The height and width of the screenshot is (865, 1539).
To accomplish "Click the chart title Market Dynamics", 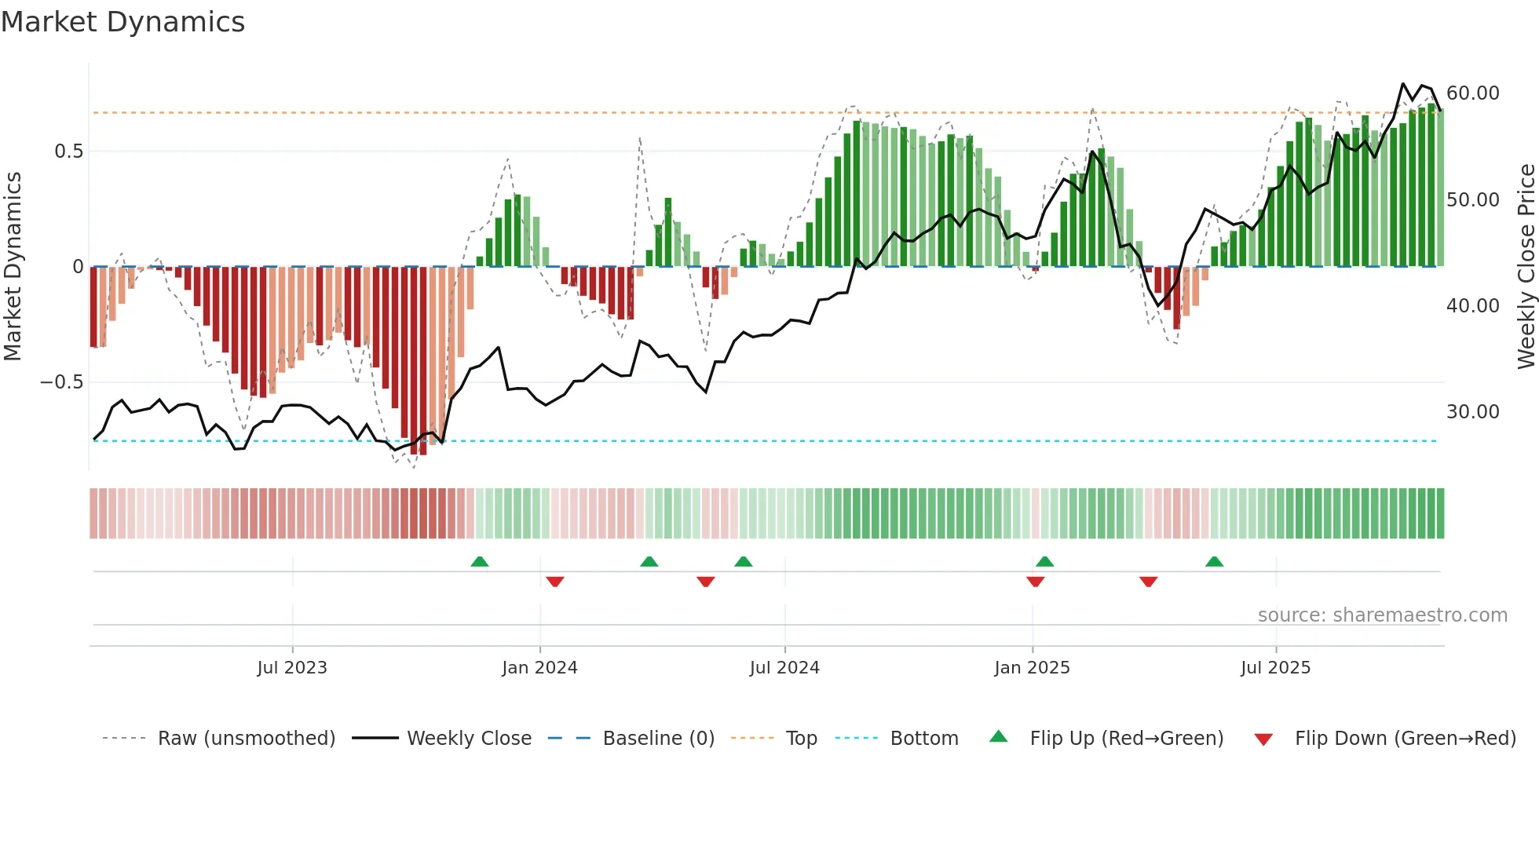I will [x=122, y=22].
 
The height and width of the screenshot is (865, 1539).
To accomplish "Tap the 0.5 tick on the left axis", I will [x=68, y=151].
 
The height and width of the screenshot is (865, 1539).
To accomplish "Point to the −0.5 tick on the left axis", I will [x=62, y=382].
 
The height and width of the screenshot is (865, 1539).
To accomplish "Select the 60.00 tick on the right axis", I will [x=1472, y=93].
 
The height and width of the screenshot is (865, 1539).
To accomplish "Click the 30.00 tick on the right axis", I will [x=1472, y=412].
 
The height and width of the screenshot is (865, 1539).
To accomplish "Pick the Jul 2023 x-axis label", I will [x=292, y=668].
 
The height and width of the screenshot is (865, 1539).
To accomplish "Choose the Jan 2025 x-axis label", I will [x=1032, y=668].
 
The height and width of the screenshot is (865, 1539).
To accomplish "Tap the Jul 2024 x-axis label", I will [x=784, y=668].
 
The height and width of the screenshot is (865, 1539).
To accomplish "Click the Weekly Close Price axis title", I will [x=1526, y=266].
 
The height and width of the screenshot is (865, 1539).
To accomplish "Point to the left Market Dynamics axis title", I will [x=13, y=266].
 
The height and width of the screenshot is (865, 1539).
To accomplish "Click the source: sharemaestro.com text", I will [x=1382, y=615].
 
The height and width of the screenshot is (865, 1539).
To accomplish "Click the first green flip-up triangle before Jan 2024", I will [x=480, y=561].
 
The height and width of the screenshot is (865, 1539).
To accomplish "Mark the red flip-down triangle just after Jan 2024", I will [x=555, y=582].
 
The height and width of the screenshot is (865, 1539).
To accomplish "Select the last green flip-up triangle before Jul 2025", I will [x=1214, y=561].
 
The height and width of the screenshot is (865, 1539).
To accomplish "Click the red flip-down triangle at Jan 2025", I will [x=1035, y=582].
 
